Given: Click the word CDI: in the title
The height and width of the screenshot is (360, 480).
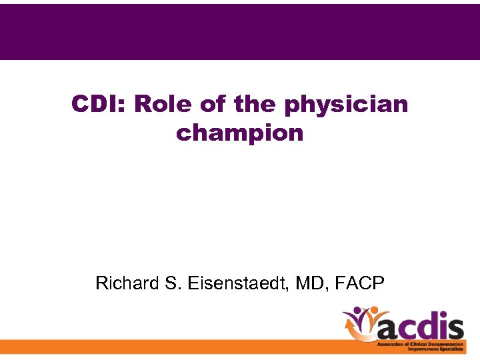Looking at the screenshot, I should point(100,105).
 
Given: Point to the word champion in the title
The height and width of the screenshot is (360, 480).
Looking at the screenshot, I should point(240,133).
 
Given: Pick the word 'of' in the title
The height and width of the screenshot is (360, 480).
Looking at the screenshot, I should point(213,105).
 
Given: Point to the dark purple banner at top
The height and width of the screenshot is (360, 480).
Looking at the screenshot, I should point(240,31).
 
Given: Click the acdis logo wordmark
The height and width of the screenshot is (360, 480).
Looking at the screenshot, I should point(420,327).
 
